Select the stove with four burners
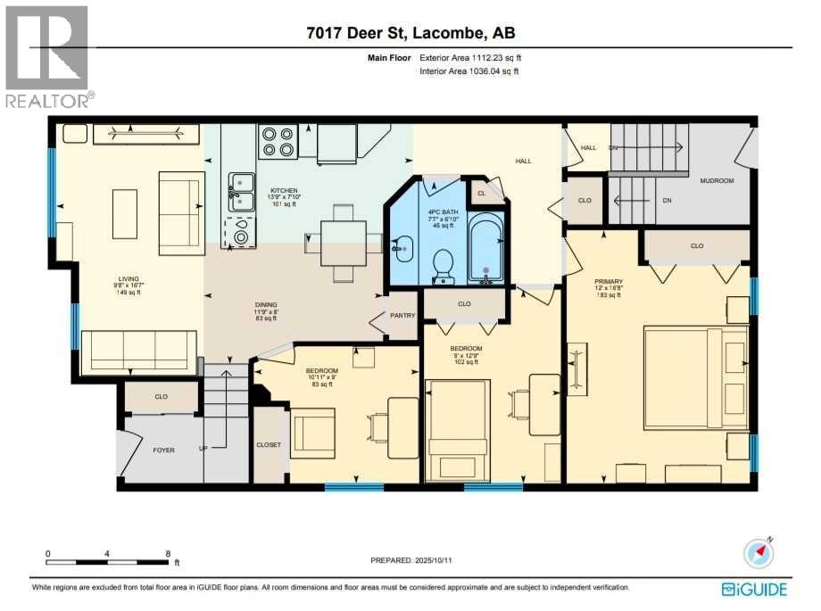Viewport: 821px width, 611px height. point(278,143)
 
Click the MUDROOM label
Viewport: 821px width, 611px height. point(716,180)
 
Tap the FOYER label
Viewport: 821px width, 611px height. point(163,450)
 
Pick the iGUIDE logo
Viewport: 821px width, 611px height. point(757,589)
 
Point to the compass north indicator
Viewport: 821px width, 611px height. point(759,553)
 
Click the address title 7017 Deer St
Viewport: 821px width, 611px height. point(410,33)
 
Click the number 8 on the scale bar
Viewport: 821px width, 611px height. point(168,553)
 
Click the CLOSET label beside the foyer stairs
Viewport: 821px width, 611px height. point(268,444)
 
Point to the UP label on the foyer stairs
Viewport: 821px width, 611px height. point(203,448)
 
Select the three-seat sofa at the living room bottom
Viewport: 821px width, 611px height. point(138,351)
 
